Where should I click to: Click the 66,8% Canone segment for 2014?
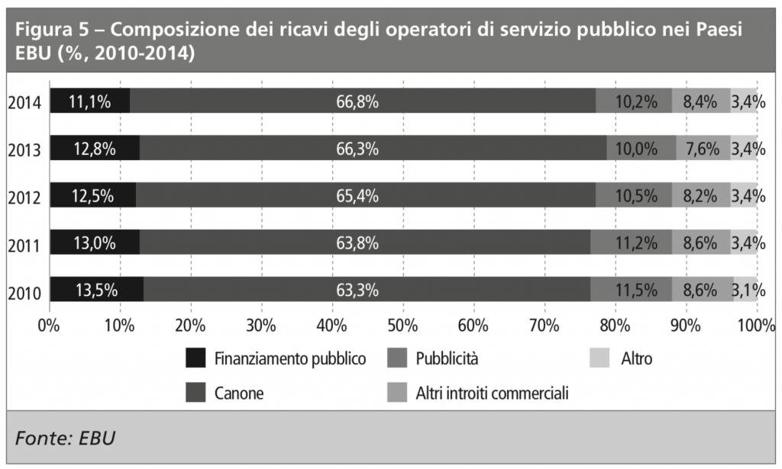(362, 101)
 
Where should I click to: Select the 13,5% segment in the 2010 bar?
(97, 289)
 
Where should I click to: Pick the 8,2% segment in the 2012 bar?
(700, 195)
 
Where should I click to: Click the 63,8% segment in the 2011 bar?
(365, 243)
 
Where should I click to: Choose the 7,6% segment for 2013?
(703, 149)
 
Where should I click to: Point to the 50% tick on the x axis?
(402, 326)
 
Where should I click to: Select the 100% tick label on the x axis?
(756, 326)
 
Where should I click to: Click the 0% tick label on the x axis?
(48, 326)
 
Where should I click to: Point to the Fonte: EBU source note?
(65, 438)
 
